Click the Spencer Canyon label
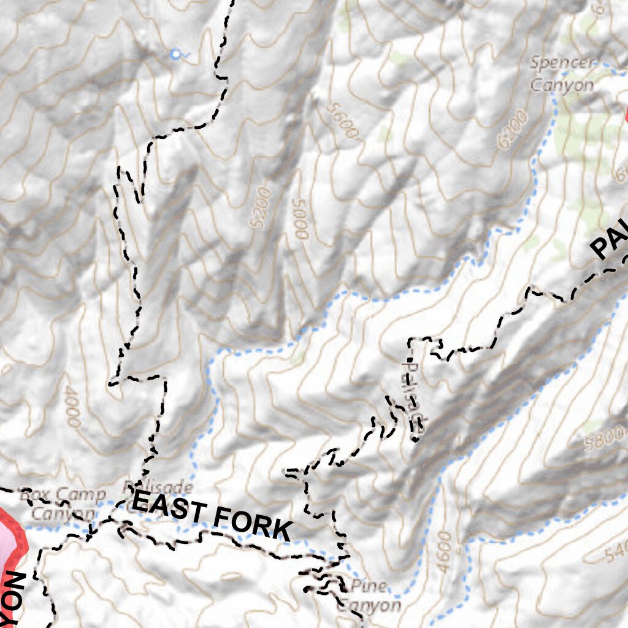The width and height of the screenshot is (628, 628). point(562,74)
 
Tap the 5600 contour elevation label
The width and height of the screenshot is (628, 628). point(342,121)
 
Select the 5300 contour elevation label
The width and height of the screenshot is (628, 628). point(261,207)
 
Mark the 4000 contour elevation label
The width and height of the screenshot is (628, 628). point(71,407)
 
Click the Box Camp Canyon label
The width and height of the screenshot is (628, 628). point(63,504)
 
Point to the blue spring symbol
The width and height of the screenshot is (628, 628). point(177,55)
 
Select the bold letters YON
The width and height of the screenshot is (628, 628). point(13,598)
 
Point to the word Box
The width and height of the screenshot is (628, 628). point(34,494)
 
